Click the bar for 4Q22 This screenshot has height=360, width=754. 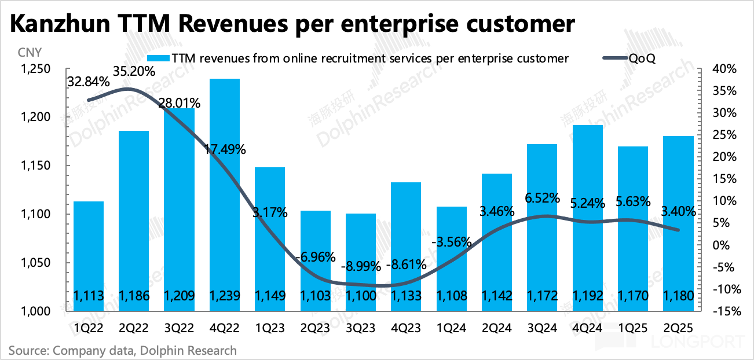pos(225,191)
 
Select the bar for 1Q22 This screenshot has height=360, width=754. pos(89,255)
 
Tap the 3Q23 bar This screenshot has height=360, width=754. pos(360,260)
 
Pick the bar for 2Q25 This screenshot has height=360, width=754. pos(678,220)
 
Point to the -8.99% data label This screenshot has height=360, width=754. pos(360,267)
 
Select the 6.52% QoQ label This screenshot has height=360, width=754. pos(542,198)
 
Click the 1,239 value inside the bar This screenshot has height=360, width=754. pos(225,296)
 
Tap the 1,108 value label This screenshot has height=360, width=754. pos(451,296)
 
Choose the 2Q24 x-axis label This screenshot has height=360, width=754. pos(497,328)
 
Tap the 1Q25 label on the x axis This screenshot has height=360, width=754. pos(633,328)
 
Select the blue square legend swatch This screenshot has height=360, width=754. pos(152,58)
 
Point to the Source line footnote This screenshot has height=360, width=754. pos(122,350)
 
